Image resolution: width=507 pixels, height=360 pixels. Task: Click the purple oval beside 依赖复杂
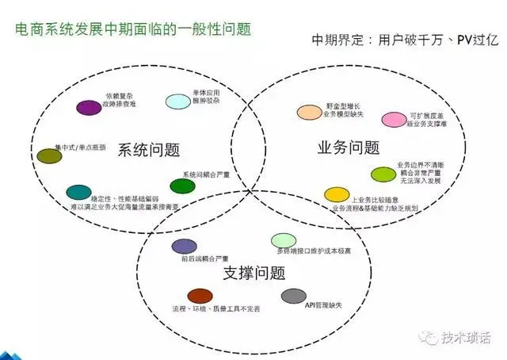click(89, 107)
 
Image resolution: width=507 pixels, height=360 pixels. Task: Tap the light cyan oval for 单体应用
click(177, 101)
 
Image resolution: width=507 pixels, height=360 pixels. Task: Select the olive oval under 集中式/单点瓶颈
click(49, 156)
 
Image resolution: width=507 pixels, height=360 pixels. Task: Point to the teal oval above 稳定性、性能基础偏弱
click(78, 191)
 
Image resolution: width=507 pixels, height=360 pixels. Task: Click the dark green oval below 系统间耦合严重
click(182, 186)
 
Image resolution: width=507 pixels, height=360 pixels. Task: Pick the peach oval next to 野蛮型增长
click(308, 113)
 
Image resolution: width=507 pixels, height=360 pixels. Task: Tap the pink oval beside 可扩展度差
click(394, 120)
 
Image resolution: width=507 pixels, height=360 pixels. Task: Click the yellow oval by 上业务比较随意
click(337, 194)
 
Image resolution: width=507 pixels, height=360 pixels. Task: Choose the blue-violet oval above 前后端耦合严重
click(184, 246)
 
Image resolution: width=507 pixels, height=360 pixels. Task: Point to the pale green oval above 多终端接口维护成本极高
click(283, 240)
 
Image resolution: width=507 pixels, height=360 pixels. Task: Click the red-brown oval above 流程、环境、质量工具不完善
click(200, 295)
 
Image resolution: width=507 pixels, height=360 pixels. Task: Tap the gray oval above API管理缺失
click(294, 295)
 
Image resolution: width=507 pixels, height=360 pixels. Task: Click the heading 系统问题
click(148, 150)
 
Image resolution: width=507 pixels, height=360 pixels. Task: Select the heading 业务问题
click(348, 147)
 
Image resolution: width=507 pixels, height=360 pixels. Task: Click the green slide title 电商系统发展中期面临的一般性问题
click(133, 30)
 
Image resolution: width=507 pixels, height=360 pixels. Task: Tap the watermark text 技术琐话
click(467, 337)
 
